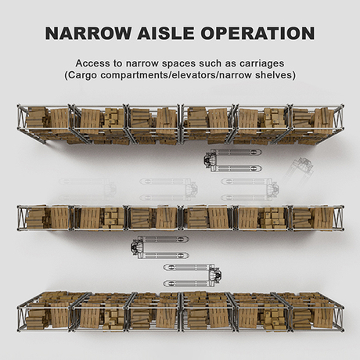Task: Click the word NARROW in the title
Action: [88, 33]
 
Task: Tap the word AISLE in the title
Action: [166, 33]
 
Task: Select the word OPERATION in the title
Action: [257, 33]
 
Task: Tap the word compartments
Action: [135, 76]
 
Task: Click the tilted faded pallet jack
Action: [299, 170]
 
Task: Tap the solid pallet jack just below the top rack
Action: [232, 160]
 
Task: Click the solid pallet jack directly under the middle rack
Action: [160, 247]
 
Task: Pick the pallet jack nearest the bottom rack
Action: [193, 275]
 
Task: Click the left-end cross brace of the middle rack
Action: [22, 218]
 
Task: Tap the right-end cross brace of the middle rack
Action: [339, 218]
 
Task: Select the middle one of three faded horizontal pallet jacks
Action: [169, 189]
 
